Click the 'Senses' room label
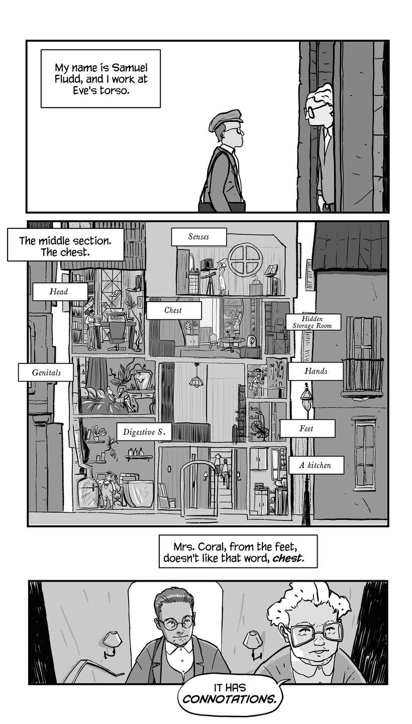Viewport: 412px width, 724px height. coord(198,237)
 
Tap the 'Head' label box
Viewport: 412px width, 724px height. coord(59,292)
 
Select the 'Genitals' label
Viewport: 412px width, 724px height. coord(46,373)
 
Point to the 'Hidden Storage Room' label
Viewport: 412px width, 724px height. coord(313,322)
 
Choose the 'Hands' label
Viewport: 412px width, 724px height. coord(315,372)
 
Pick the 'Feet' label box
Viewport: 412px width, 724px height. coord(306,429)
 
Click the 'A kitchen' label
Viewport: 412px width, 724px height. coord(316,466)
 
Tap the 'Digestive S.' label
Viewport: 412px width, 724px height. coord(144,432)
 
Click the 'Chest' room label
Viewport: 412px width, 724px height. coord(173,310)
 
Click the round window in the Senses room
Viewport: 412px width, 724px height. coord(245,259)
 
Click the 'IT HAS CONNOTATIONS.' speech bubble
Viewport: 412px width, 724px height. coord(231,694)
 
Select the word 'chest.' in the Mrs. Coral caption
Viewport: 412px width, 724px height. coord(288,559)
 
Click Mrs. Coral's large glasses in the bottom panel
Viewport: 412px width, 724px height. coord(315,632)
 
